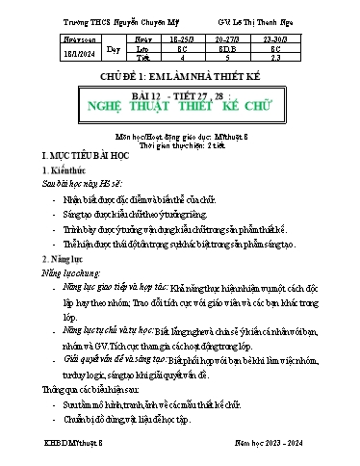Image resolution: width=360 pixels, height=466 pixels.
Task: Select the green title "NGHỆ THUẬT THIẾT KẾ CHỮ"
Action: coord(181,109)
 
